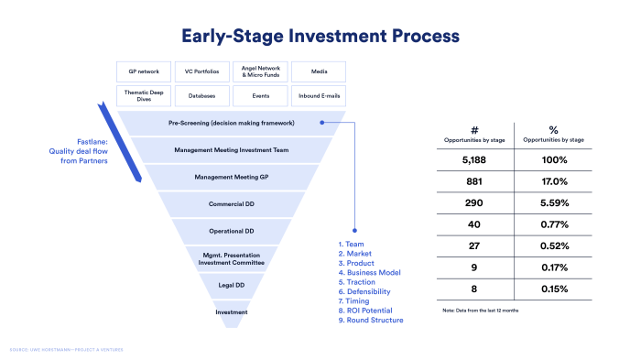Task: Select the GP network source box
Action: tap(144, 71)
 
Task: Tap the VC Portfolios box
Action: tap(202, 71)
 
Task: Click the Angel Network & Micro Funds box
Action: tap(261, 71)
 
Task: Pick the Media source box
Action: tap(319, 71)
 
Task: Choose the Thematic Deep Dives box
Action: tap(144, 94)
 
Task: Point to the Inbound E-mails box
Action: tap(319, 94)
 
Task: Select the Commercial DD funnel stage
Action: tap(232, 203)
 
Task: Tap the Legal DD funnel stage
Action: tap(232, 286)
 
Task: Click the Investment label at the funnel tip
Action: tap(232, 313)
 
